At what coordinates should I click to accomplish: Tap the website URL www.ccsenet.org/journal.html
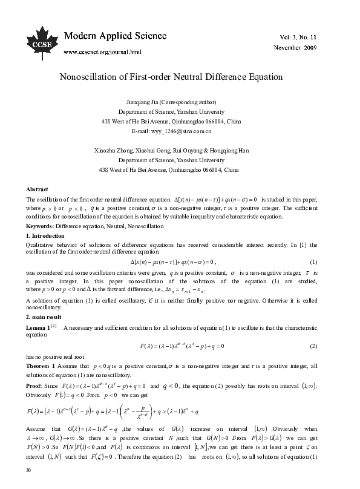pos(102,51)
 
